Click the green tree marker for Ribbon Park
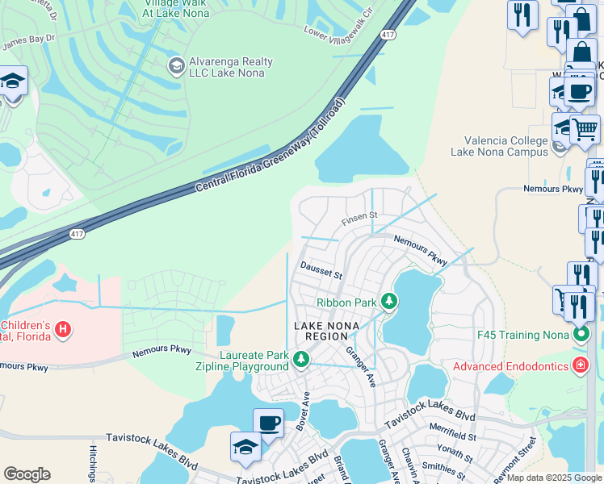389,302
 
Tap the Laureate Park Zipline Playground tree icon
301,358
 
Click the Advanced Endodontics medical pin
580,366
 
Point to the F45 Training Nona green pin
580,332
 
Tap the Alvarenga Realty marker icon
175,65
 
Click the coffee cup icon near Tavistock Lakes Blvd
268,423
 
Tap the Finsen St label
359,216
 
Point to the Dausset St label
321,269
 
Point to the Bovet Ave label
305,411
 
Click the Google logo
27,474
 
